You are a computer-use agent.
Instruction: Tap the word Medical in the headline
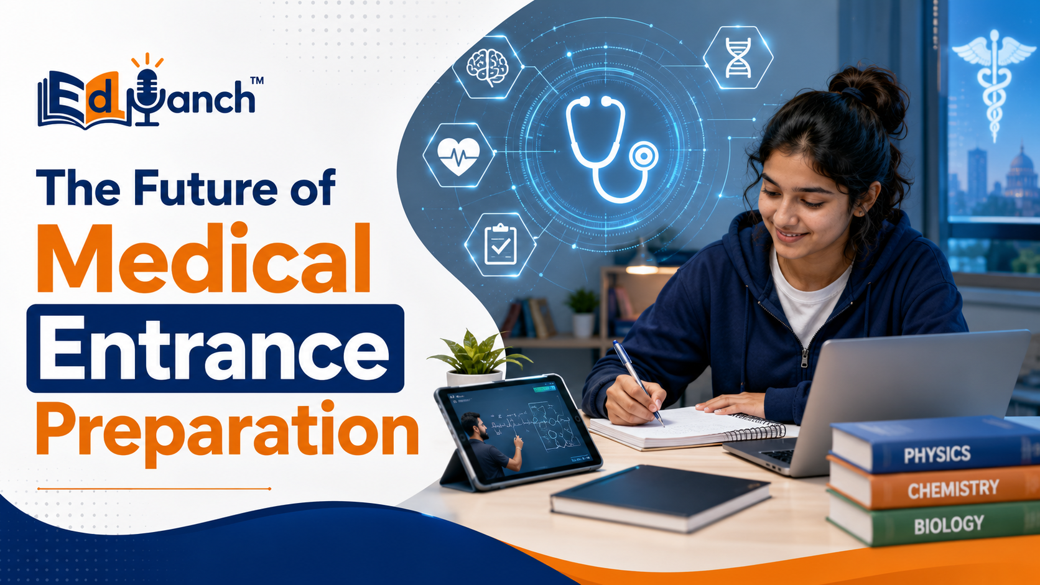[204, 259]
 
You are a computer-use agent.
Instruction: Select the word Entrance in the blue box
[214, 348]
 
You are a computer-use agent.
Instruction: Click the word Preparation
[228, 431]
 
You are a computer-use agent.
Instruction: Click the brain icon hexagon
[488, 67]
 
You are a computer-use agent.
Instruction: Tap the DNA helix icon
[738, 58]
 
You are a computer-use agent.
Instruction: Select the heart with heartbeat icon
[458, 155]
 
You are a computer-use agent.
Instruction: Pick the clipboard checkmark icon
[501, 244]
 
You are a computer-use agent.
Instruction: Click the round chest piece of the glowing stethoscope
[644, 156]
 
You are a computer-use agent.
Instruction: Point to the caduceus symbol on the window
[994, 86]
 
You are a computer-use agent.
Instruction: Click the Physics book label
[937, 454]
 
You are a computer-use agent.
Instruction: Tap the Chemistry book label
[953, 489]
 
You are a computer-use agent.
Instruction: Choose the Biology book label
[949, 525]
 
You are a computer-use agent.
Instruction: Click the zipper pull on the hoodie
[805, 358]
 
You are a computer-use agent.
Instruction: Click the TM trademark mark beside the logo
[257, 80]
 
